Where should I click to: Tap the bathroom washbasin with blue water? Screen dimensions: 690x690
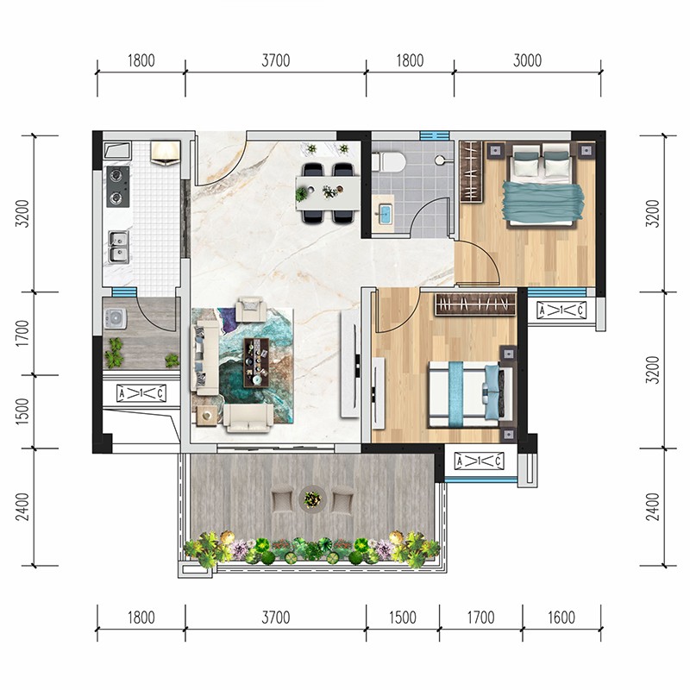click(x=385, y=214)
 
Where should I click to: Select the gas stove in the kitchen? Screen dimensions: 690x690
click(x=118, y=186)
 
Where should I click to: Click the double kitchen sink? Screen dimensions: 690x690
click(x=119, y=247)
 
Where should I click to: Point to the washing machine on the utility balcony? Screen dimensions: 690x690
click(x=116, y=318)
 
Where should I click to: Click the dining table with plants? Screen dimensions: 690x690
click(x=328, y=192)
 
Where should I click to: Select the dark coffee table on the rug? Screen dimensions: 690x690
click(x=256, y=362)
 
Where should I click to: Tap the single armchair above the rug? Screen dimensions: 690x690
click(x=251, y=309)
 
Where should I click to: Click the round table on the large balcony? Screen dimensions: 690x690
click(x=312, y=499)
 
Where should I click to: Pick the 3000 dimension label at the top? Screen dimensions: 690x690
click(x=527, y=60)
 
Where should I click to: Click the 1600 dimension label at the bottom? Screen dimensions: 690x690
click(x=561, y=618)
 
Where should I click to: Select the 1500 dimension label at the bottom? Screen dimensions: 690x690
click(x=402, y=618)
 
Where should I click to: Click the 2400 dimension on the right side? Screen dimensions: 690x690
click(x=653, y=507)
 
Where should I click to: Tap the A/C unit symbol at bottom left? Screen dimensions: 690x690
click(x=141, y=393)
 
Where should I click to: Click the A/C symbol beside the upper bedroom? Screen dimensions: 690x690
click(x=561, y=310)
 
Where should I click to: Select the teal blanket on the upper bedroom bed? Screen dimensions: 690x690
click(x=543, y=201)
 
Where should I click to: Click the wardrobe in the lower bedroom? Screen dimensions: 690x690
click(x=475, y=304)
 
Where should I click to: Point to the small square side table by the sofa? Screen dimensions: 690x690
click(x=206, y=416)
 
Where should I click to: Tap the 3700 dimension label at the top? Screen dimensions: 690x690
click(x=276, y=60)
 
